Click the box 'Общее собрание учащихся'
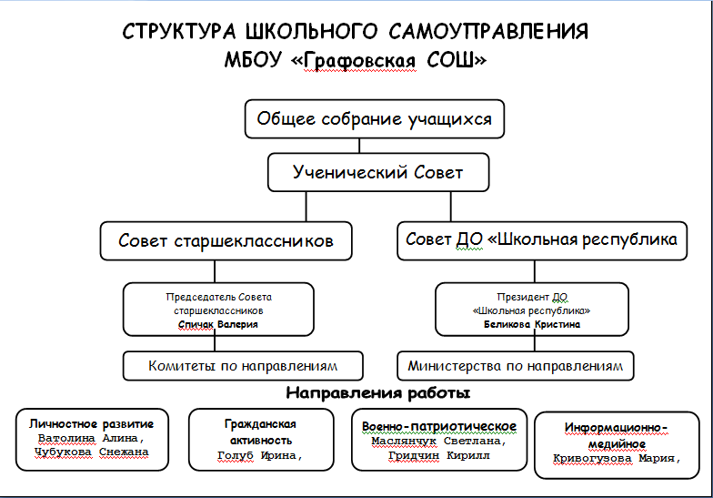375,118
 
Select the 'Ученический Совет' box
378,172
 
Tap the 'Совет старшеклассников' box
226,240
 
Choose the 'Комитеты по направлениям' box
243,366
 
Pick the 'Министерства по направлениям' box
515,366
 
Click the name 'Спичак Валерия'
218,324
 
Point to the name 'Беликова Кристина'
531,324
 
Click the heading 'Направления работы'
378,393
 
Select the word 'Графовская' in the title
359,60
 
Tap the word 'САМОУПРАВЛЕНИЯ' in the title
489,31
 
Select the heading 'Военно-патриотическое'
438,426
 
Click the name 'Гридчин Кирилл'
438,455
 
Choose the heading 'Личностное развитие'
91,424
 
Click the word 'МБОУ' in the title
253,60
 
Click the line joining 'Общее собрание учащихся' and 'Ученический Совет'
359,146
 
